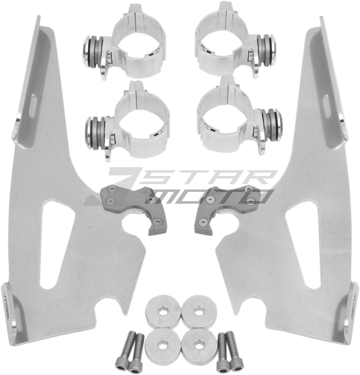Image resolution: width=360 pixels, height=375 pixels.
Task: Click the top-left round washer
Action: pos(163,310)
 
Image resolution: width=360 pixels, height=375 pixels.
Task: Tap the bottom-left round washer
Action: pos(163,343)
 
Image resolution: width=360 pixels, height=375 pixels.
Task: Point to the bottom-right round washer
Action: pos(199,344)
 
